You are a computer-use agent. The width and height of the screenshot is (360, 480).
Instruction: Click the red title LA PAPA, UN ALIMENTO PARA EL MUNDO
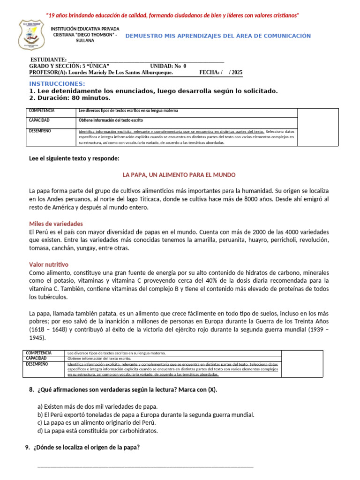click(179, 174)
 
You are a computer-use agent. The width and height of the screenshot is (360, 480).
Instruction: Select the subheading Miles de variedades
click(56, 224)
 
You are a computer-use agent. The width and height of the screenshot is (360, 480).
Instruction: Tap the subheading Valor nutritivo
click(49, 264)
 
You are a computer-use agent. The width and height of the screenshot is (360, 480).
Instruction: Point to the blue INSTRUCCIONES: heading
click(57, 83)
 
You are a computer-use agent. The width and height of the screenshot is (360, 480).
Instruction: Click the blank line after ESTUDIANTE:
click(146, 60)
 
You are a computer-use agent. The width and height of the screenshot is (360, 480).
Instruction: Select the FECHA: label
click(209, 73)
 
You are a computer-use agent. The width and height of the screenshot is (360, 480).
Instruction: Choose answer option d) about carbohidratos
click(97, 430)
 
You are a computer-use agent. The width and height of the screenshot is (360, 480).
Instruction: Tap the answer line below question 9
click(145, 465)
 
